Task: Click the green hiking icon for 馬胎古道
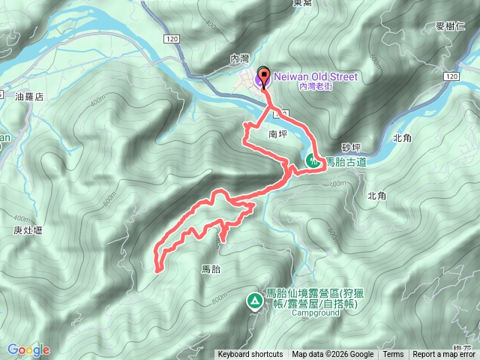[313, 160]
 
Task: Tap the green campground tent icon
[254, 301]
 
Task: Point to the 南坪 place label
[277, 136]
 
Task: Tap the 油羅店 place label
[30, 97]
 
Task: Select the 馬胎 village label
[211, 268]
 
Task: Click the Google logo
[28, 349]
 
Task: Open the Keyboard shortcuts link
[250, 355]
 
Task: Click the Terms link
[393, 355]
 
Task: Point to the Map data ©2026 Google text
[332, 355]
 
